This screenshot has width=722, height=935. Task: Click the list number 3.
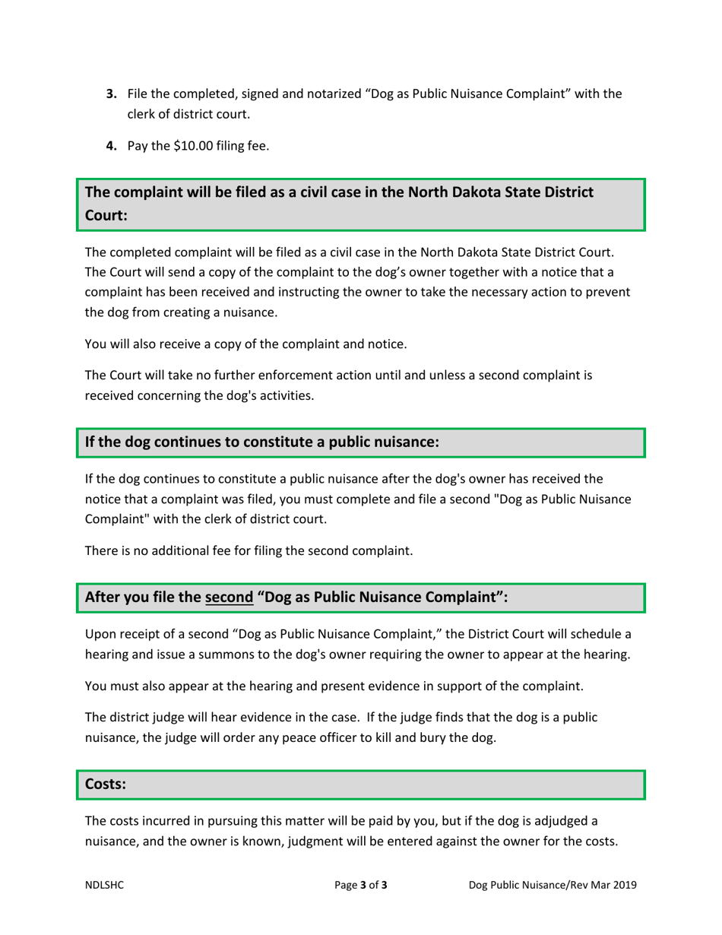(110, 95)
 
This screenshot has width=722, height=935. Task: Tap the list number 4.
(110, 147)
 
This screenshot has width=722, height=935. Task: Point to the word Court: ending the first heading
(106, 215)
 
